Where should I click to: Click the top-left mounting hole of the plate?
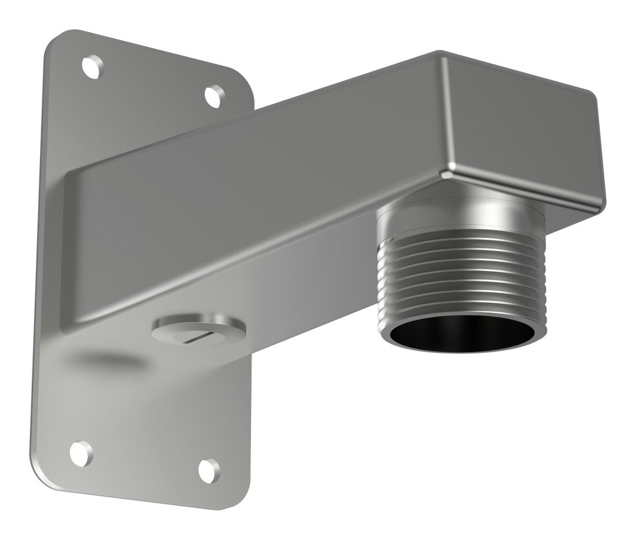91,67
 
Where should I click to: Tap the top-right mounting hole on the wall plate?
214,96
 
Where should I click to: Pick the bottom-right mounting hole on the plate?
209,469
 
